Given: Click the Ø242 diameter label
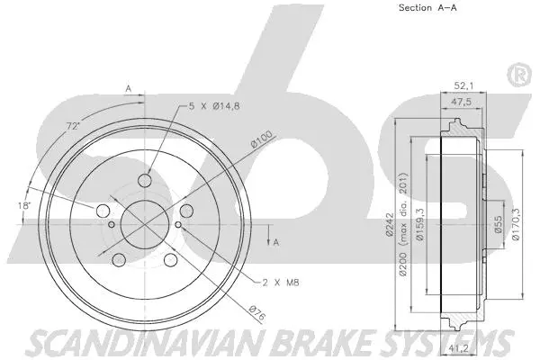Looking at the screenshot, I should pos(389,220).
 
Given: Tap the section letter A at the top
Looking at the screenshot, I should pos(129,88).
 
